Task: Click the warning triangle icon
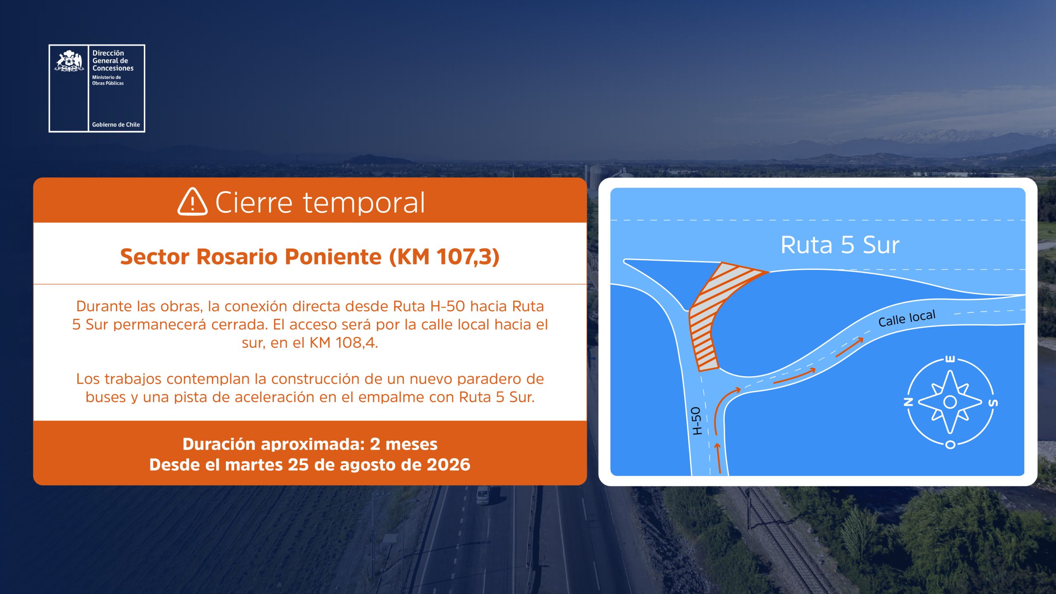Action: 192,202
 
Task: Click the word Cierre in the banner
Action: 254,203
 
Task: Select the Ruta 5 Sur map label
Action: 840,245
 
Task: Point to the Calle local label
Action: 907,318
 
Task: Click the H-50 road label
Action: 696,421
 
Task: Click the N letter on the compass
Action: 908,402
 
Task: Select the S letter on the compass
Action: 994,403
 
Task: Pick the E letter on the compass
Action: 950,359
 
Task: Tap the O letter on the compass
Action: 950,445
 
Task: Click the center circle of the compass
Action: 950,401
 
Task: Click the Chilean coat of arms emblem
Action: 69,61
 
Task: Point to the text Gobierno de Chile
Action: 116,125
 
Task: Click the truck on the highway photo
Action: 483,495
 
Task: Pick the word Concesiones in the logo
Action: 113,68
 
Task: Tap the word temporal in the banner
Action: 364,203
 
